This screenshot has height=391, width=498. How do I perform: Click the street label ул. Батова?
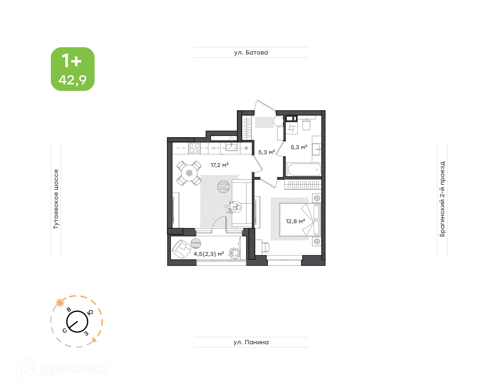pyautogui.click(x=251, y=52)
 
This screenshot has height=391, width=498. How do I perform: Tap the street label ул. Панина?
pyautogui.click(x=251, y=342)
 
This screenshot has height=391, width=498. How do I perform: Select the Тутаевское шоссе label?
pyautogui.click(x=56, y=199)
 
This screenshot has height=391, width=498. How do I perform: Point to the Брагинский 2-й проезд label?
pyautogui.click(x=442, y=199)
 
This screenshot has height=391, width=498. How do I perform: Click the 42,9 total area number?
pyautogui.click(x=72, y=80)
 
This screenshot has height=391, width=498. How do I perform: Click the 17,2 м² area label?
pyautogui.click(x=219, y=165)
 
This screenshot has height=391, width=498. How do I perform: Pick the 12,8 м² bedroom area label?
pyautogui.click(x=295, y=221)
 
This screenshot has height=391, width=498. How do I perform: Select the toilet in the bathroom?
pyautogui.click(x=306, y=125)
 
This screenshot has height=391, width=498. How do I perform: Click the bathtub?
pyautogui.click(x=304, y=170)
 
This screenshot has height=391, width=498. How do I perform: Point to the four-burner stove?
pyautogui.click(x=194, y=148)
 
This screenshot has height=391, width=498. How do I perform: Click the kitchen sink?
pyautogui.click(x=231, y=148)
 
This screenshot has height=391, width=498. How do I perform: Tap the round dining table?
pyautogui.click(x=189, y=173)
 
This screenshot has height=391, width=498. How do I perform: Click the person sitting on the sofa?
pyautogui.click(x=235, y=207)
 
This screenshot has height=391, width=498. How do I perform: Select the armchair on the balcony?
pyautogui.click(x=182, y=249)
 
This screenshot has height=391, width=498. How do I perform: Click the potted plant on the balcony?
pyautogui.click(x=234, y=253)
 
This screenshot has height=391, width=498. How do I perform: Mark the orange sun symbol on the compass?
pyautogui.click(x=60, y=303)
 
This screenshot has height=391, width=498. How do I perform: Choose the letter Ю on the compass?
pyautogui.click(x=90, y=312)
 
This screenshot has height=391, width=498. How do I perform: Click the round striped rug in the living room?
pyautogui.click(x=223, y=187)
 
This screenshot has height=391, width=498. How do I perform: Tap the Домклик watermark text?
pyautogui.click(x=74, y=369)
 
